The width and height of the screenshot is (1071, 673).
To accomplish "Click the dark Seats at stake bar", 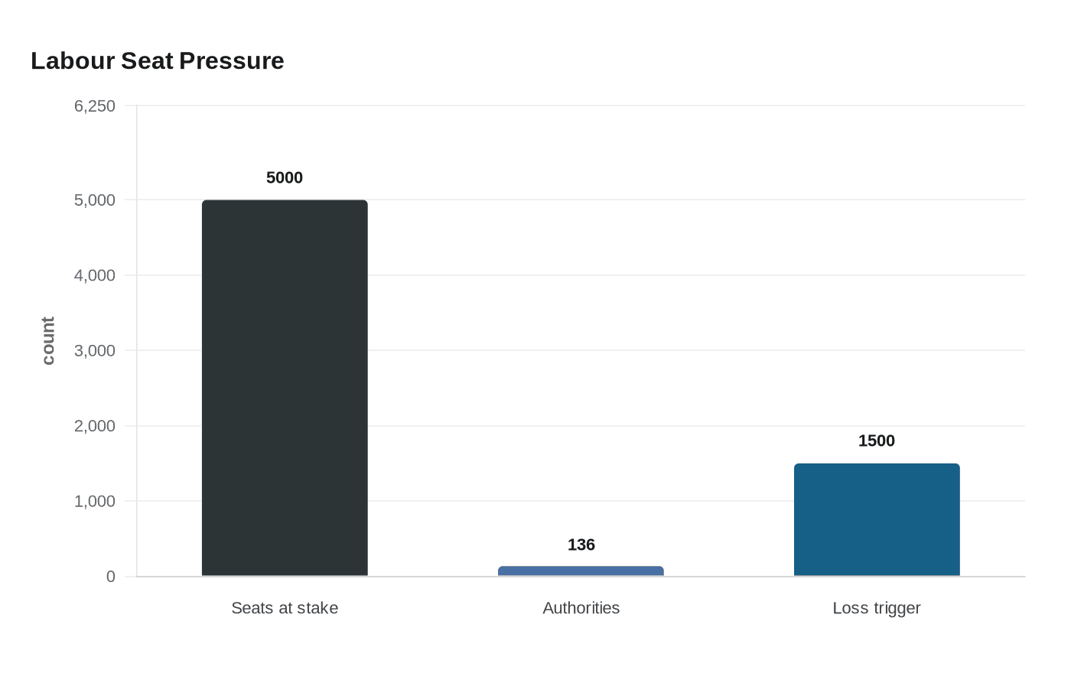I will [x=285, y=388].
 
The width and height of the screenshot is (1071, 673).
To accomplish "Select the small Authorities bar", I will [x=581, y=571].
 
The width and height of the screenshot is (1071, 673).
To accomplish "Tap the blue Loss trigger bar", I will [x=877, y=519].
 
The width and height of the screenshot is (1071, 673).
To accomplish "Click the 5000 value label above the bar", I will [x=285, y=177].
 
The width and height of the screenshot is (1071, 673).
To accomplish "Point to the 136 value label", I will [x=581, y=545].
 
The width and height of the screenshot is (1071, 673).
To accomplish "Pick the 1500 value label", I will [x=877, y=441].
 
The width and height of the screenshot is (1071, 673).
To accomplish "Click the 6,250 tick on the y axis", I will [x=95, y=106].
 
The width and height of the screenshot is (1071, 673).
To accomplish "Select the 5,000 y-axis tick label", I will [x=95, y=200].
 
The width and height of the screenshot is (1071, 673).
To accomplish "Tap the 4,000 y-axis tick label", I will [x=95, y=275].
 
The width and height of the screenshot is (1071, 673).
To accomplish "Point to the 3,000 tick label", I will [x=95, y=351].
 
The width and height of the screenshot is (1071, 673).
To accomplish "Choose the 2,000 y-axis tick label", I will [x=95, y=426].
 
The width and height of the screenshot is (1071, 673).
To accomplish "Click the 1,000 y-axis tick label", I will [x=95, y=502].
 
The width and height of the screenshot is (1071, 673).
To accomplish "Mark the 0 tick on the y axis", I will [x=111, y=577].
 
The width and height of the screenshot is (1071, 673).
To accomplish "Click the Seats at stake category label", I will [x=285, y=608].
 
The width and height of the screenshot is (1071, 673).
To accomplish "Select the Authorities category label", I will [x=581, y=608].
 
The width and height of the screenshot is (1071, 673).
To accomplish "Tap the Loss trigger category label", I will [x=877, y=608].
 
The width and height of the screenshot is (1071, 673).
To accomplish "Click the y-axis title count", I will [x=48, y=341].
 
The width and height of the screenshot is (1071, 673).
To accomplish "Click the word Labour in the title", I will [x=73, y=61].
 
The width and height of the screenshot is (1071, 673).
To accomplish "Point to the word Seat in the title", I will [x=147, y=61].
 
